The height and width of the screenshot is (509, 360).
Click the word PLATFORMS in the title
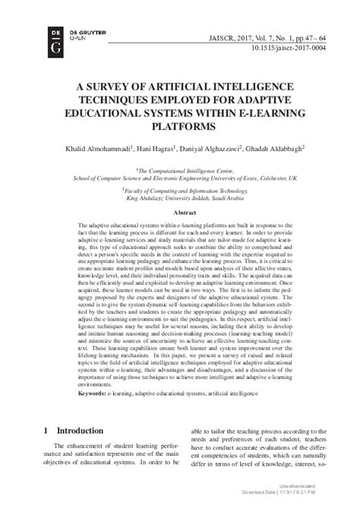pyautogui.click(x=180, y=126)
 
